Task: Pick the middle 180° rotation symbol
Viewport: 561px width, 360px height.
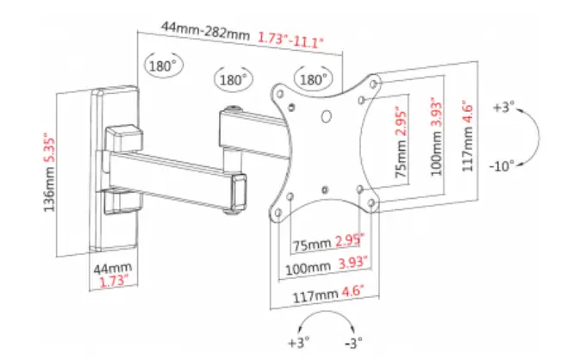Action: pyautogui.click(x=232, y=79)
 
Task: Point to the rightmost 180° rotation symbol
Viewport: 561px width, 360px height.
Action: pyautogui.click(x=313, y=79)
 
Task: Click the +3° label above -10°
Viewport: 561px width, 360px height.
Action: pyautogui.click(x=503, y=109)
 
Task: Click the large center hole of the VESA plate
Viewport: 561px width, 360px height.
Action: pyautogui.click(x=327, y=118)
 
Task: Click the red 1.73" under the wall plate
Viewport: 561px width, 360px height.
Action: pyautogui.click(x=110, y=282)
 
